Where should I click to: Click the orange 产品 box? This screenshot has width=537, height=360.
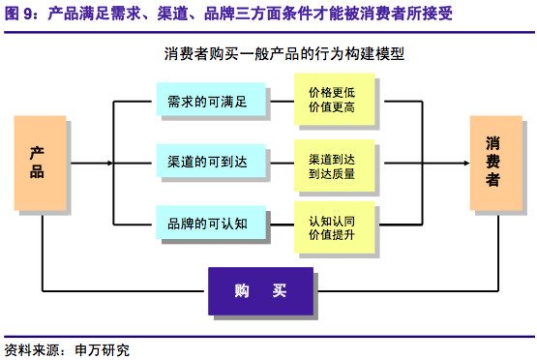click(x=40, y=163)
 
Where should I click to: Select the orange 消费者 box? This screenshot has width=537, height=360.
click(x=496, y=163)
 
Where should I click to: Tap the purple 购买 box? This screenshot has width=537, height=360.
click(x=260, y=291)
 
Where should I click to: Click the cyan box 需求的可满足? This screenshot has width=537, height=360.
click(x=211, y=99)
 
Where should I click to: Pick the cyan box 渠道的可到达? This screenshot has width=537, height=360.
click(x=211, y=161)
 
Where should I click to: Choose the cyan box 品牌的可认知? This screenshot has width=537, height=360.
click(x=211, y=222)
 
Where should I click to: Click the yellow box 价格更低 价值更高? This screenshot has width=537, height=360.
click(x=335, y=99)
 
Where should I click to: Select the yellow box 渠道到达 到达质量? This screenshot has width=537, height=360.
click(x=335, y=165)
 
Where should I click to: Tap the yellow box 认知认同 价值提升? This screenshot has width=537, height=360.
click(x=335, y=227)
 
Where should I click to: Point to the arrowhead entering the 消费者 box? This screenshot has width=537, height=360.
click(x=466, y=163)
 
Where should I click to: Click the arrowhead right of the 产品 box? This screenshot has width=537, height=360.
click(x=110, y=163)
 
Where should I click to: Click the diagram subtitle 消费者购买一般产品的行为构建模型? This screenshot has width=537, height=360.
click(x=283, y=54)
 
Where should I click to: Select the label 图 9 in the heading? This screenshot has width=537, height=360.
click(x=18, y=14)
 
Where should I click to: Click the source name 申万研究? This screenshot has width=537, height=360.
click(x=102, y=350)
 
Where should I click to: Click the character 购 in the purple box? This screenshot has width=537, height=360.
click(x=242, y=291)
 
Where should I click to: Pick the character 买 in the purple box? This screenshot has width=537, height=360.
click(x=280, y=291)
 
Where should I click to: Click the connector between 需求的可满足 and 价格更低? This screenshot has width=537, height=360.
click(x=283, y=102)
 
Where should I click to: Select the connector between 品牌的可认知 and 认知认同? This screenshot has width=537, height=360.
click(x=283, y=225)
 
